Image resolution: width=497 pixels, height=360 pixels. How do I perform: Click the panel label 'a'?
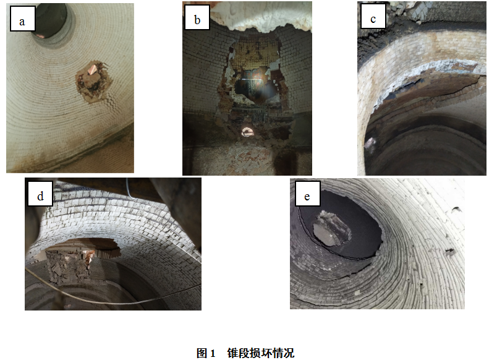pos(22,22)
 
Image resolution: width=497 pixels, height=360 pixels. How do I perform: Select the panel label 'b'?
pos(197,20)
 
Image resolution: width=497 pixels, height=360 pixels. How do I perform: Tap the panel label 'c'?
pos(373,19)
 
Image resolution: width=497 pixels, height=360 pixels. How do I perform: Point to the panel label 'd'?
pos(40,196)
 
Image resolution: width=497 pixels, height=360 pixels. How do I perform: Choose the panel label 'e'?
pos(307,197)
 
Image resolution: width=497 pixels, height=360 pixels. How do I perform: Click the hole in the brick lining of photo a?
pos(93,81)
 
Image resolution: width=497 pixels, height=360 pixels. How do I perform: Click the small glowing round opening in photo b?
pos(247,132)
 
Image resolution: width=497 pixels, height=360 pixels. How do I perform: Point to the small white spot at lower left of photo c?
pos(369,144)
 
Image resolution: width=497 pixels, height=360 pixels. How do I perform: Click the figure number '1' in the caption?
pos(213,353)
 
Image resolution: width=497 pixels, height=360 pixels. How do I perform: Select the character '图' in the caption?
pos(202,353)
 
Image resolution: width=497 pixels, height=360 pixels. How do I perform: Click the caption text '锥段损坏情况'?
pos(260,353)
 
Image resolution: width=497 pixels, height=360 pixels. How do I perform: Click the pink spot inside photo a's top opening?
pos(40,35)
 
